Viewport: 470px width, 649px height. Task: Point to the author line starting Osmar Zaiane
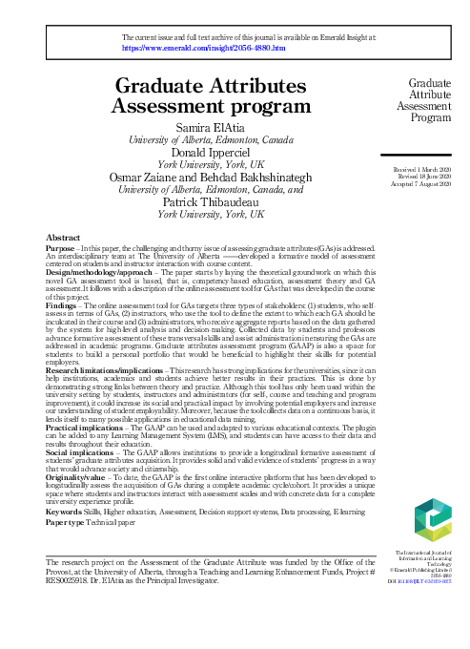(208, 177)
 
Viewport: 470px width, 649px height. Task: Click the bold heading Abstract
(63, 236)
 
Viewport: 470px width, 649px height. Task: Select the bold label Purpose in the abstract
(60, 246)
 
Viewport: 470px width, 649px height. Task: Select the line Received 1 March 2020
(421, 169)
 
